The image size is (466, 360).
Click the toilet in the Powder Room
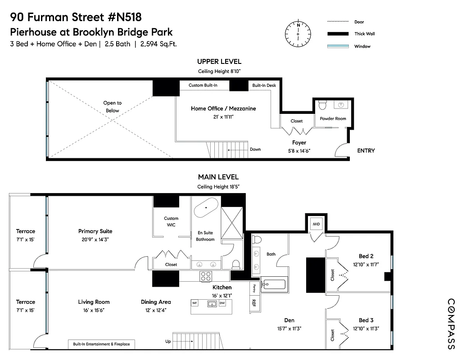coord(322,105)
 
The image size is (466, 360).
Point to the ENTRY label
coord(366,151)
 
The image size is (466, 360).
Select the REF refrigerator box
coord(254,303)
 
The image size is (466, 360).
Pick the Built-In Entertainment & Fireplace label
coord(101,344)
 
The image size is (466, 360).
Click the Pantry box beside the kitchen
coord(254,287)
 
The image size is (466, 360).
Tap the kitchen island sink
coord(211,304)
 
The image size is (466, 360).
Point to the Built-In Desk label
coord(264,85)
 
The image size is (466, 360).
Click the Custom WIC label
coord(171,221)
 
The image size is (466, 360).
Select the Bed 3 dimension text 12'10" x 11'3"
coord(366,328)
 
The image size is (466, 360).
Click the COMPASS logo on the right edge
coord(451,324)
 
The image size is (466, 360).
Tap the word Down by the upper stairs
coord(255,149)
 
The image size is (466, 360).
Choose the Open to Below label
coord(112,107)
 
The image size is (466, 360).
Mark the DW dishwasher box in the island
coord(222,303)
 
